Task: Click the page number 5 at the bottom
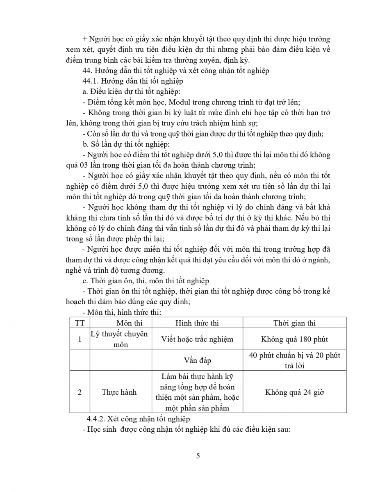[198, 456]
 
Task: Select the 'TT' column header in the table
[80, 323]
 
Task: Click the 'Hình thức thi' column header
[197, 323]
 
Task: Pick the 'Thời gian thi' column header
[294, 323]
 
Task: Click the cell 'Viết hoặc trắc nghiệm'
[197, 339]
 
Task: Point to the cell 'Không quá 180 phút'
[294, 339]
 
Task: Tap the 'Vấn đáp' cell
[197, 360]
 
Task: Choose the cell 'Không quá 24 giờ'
[294, 392]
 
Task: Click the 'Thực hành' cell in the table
[119, 392]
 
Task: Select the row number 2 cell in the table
[80, 392]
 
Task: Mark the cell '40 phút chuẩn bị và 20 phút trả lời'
[294, 360]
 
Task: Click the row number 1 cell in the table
[80, 339]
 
